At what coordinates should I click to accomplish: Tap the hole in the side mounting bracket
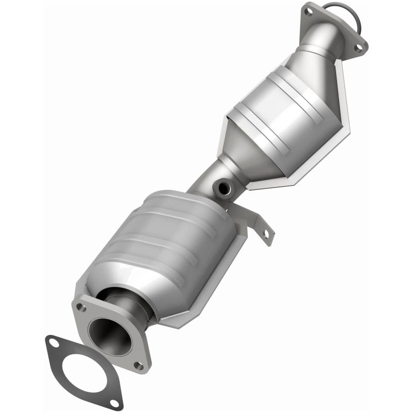[266, 233]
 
